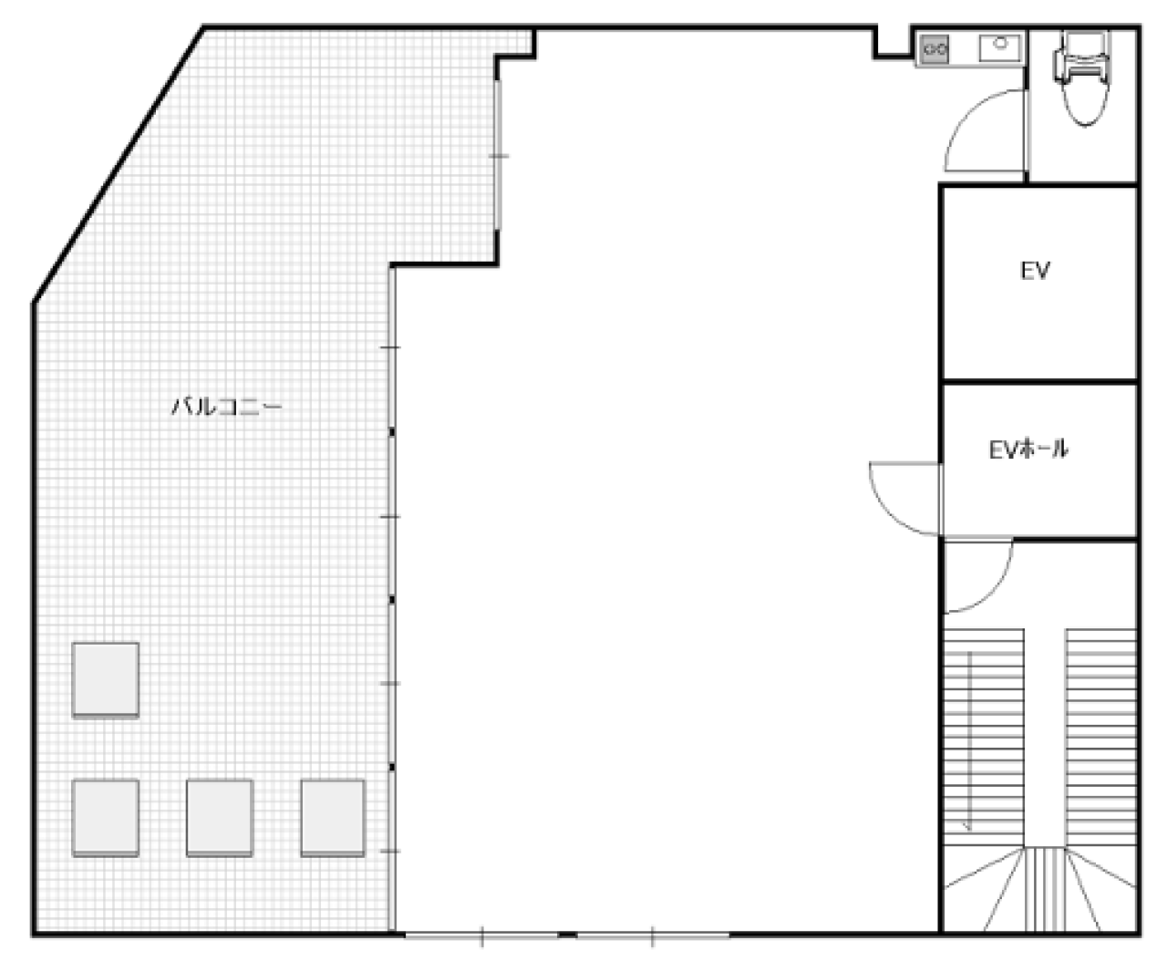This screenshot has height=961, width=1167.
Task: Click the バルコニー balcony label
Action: (x=226, y=407)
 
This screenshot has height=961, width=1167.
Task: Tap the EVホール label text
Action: (x=1028, y=449)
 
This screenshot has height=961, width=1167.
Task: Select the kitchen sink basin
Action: (x=1000, y=48)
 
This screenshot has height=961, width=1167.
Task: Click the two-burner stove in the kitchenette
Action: (x=935, y=49)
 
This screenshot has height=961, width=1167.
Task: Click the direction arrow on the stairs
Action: (x=968, y=740)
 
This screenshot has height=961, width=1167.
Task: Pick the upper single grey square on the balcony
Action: (x=106, y=679)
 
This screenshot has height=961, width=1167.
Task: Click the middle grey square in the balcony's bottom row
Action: (x=220, y=817)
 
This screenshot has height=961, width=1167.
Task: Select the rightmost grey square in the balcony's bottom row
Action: (x=333, y=817)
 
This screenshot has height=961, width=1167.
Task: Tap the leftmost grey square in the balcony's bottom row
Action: (x=106, y=817)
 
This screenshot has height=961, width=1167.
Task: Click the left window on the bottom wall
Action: (x=481, y=935)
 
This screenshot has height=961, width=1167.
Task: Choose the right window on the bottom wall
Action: (x=653, y=935)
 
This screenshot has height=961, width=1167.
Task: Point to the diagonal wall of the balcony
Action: (x=118, y=164)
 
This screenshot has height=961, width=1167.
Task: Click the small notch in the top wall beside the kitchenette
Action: (x=893, y=43)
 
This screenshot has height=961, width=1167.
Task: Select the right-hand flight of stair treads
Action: (x=1100, y=737)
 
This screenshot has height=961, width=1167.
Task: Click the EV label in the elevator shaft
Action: (x=1035, y=271)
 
